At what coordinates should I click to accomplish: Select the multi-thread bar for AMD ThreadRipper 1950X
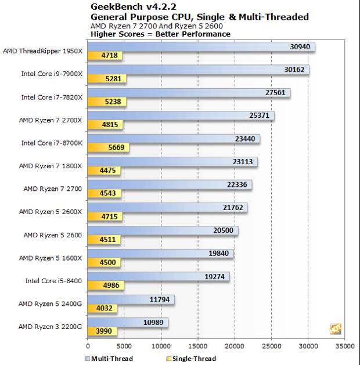(x=200, y=47)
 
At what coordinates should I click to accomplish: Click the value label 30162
(x=295, y=70)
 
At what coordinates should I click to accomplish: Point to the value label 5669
(x=116, y=148)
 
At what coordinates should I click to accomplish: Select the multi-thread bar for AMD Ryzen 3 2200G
(x=127, y=322)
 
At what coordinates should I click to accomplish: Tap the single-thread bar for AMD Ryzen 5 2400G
(x=102, y=309)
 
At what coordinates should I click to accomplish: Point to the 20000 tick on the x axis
(x=235, y=346)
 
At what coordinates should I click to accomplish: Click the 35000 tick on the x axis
(x=345, y=346)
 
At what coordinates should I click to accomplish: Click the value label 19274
(x=216, y=276)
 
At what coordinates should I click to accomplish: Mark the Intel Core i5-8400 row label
(x=53, y=281)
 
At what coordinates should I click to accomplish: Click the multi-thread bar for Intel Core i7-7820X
(x=188, y=93)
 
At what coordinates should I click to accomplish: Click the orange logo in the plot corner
(x=335, y=329)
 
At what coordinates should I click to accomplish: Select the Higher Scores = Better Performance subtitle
(x=161, y=34)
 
